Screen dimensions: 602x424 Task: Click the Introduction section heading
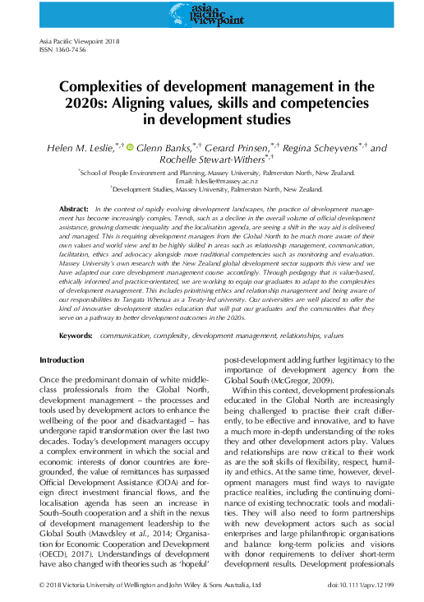tap(62, 361)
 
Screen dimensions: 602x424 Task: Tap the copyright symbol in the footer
tap(43, 586)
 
